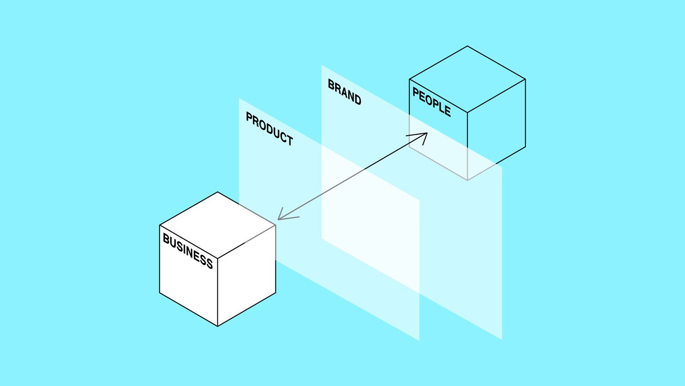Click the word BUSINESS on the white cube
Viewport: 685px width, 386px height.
tap(188, 251)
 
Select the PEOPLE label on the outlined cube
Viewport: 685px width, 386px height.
tap(432, 102)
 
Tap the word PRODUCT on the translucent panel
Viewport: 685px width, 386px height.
tap(269, 128)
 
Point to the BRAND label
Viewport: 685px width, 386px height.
tap(344, 92)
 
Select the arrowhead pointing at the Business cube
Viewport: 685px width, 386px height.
tap(286, 215)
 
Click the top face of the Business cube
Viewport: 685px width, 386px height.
tap(218, 225)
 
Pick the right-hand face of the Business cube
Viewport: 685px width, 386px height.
tap(247, 276)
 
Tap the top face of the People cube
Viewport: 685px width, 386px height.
tap(467, 79)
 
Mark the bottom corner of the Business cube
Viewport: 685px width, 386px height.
tap(218, 326)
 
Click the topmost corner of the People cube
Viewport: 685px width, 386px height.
tap(467, 46)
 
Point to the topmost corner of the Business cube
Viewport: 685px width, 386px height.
tap(218, 192)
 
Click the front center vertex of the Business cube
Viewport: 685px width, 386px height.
tap(218, 259)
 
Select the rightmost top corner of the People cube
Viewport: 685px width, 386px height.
tap(526, 79)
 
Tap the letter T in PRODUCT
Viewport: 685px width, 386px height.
tap(289, 140)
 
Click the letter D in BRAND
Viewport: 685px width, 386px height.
tap(357, 100)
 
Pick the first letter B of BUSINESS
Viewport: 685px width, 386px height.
tap(166, 238)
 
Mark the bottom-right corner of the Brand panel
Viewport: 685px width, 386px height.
tap(502, 339)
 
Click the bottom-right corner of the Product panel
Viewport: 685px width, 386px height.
tap(419, 340)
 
